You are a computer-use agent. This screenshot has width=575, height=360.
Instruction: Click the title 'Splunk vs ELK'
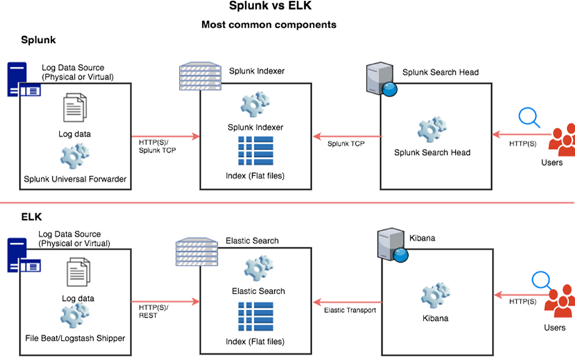point(269,8)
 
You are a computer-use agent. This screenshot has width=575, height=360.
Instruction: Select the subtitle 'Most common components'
point(269,25)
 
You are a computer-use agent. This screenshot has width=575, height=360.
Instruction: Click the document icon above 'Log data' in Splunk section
point(74,108)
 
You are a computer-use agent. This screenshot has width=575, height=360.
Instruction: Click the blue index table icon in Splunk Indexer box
point(255,152)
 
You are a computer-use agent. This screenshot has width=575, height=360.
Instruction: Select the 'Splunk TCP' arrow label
point(346,143)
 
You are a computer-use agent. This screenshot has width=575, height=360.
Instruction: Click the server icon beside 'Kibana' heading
point(390,244)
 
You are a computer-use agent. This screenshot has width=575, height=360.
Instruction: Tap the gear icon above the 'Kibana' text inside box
point(432,294)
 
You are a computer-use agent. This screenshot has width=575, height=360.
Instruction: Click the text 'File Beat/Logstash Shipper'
point(74,338)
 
